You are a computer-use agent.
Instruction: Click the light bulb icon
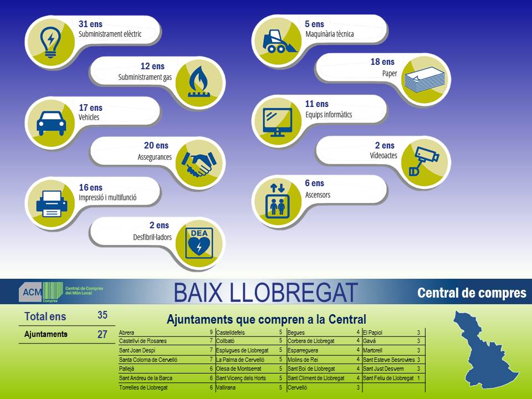[50, 42]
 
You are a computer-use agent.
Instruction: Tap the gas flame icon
[199, 82]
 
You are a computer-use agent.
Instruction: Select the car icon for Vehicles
[51, 124]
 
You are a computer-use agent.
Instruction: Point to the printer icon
[52, 203]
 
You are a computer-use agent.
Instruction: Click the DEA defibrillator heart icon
[199, 243]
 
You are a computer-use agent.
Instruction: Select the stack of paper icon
[424, 80]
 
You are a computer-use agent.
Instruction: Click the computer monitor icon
[278, 122]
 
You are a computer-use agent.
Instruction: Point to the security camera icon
[424, 161]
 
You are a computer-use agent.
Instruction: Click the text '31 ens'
[90, 24]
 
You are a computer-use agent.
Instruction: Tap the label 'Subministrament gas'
[145, 78]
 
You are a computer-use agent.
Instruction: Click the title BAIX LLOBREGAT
[266, 293]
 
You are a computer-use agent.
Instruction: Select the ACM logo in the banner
[61, 292]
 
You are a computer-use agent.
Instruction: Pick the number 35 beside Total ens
[103, 315]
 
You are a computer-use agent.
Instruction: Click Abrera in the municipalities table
[126, 333]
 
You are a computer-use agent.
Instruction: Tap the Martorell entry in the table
[372, 350]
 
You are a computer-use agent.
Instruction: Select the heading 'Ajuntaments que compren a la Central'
[267, 319]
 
